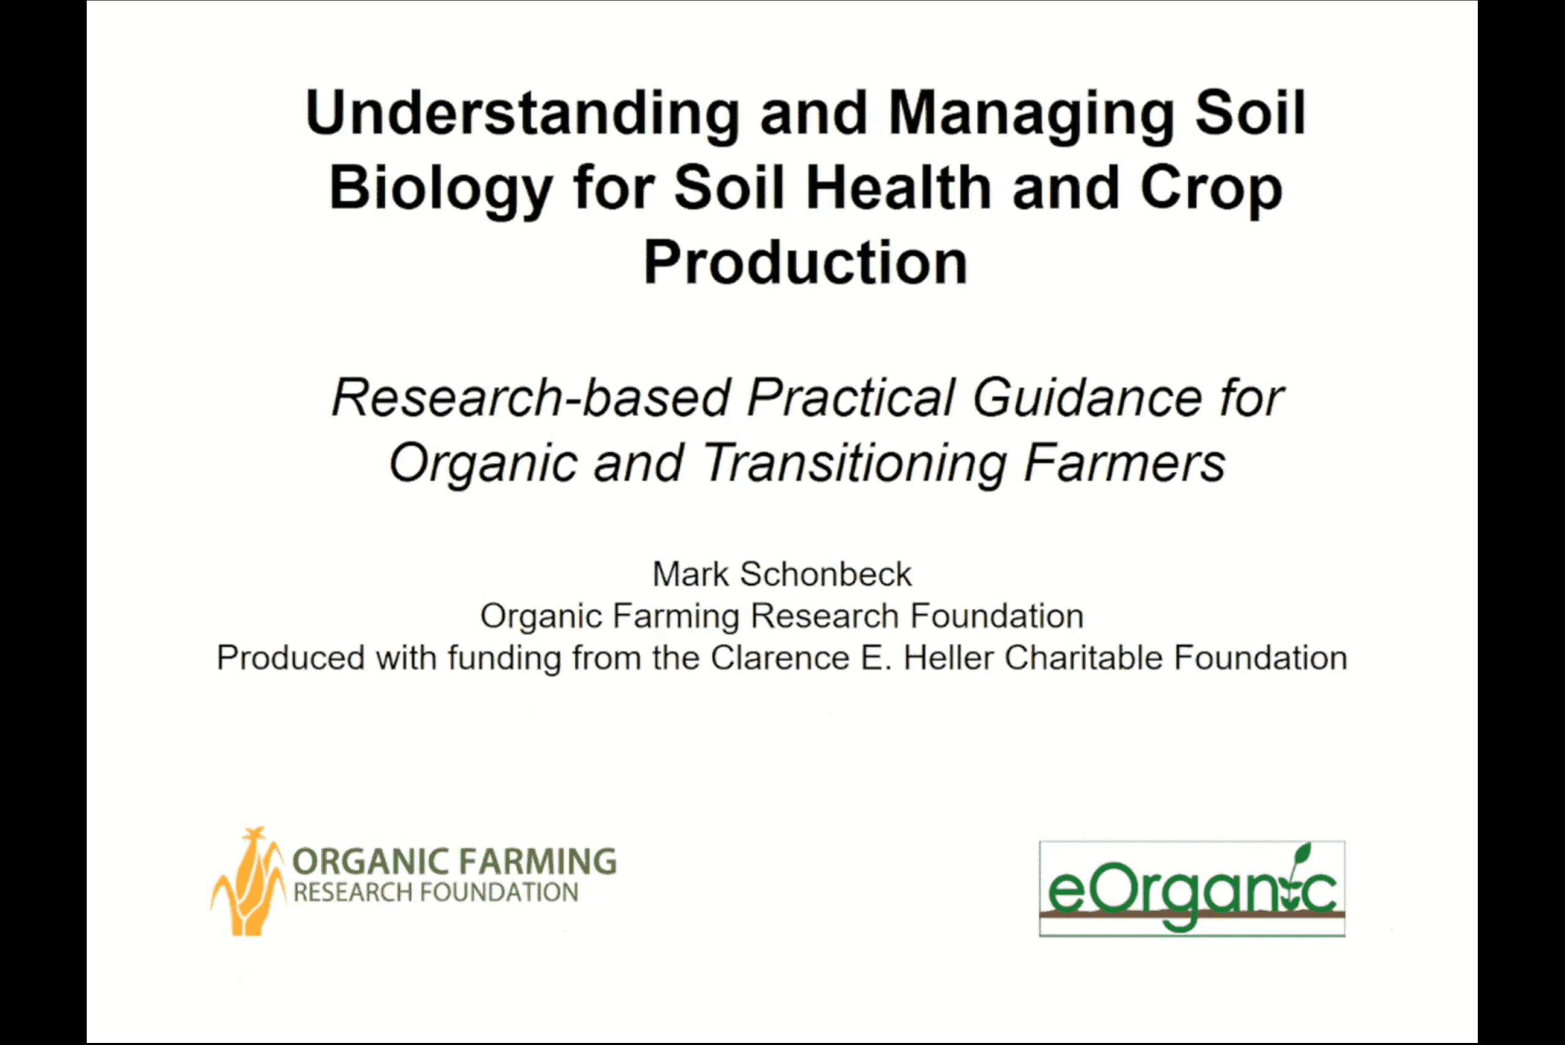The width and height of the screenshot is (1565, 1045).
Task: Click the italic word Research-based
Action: [531, 398]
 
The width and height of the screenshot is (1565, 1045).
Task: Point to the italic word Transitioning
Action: [854, 464]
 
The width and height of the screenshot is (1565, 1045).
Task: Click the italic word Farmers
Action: [1125, 463]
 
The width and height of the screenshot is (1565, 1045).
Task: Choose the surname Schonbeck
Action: [826, 574]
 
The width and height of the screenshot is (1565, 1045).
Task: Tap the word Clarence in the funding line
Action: [780, 658]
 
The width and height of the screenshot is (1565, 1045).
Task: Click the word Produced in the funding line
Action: [290, 658]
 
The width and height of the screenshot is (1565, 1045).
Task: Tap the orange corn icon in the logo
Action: [247, 881]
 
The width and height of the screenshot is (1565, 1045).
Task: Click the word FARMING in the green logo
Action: [539, 861]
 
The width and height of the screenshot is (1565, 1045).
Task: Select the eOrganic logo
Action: [1191, 889]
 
